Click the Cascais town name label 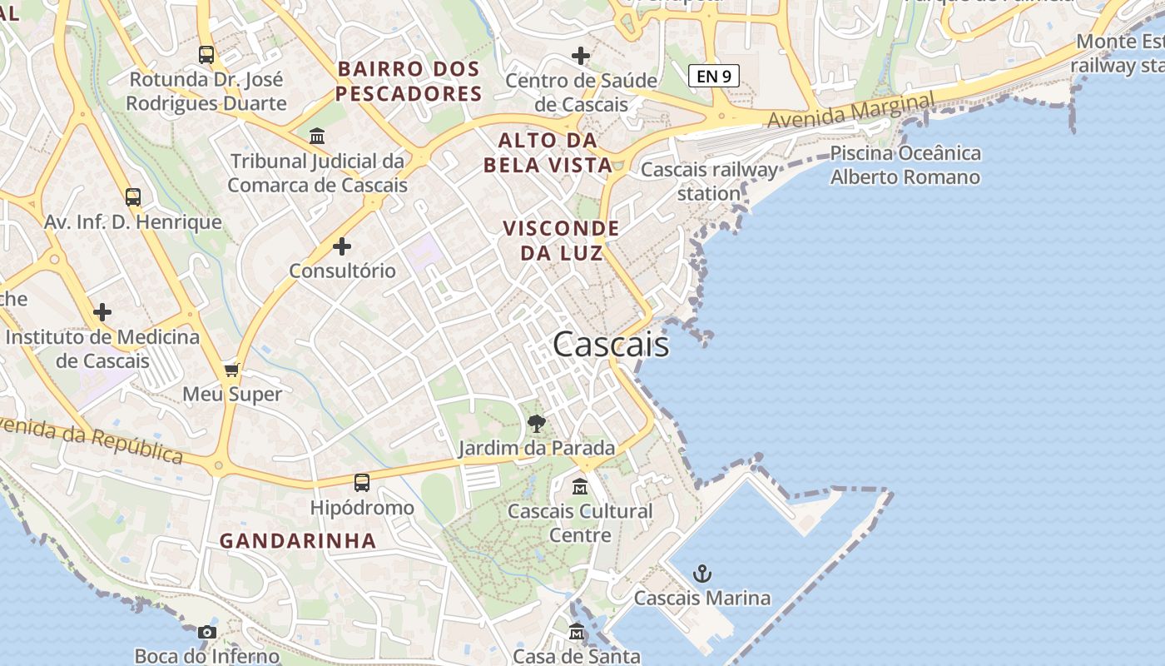[x=611, y=344]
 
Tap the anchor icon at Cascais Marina [x=702, y=574]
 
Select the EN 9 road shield [x=714, y=76]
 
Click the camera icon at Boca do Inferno [x=207, y=633]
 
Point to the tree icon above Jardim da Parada [x=537, y=424]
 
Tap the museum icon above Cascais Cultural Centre [x=580, y=486]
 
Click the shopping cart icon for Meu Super [x=232, y=370]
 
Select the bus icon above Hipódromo [x=361, y=483]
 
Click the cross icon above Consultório [x=342, y=246]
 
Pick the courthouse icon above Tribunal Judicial [x=317, y=136]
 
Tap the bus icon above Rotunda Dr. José [x=206, y=55]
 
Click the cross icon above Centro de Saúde [x=581, y=56]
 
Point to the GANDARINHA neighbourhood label [x=298, y=540]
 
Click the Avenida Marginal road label [x=850, y=111]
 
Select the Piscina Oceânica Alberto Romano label [x=905, y=165]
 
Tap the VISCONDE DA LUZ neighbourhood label [x=562, y=240]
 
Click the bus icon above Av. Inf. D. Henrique [x=133, y=197]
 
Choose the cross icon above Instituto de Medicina [x=102, y=312]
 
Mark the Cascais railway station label [x=709, y=181]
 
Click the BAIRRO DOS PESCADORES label [x=409, y=81]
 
